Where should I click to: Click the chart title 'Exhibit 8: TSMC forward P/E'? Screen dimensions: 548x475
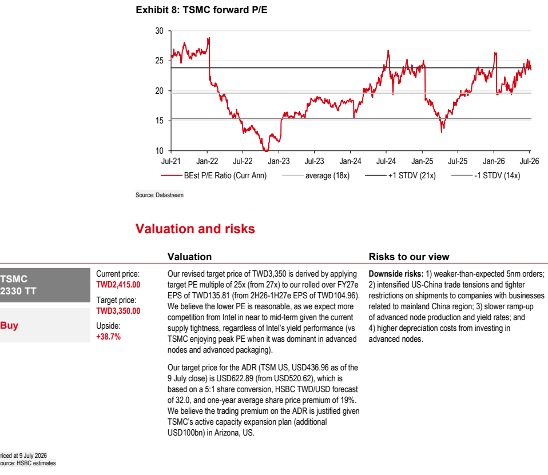tap(202, 10)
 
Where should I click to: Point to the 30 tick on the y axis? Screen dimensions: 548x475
tap(160, 31)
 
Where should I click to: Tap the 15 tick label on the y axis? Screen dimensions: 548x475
tap(160, 121)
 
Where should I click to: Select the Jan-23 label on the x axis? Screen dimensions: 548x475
tap(279, 161)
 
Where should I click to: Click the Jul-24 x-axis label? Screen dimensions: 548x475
tap(386, 161)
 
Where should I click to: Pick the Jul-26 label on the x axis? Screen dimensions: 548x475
tap(529, 161)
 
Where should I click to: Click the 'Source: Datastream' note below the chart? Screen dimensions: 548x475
tap(160, 195)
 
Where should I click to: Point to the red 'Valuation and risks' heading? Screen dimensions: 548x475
tap(195, 229)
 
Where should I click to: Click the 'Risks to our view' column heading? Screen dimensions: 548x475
tap(409, 257)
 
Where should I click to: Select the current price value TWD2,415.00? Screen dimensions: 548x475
tap(118, 285)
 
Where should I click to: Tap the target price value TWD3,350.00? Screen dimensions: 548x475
tap(118, 311)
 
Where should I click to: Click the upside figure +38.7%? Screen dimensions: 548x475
tap(108, 337)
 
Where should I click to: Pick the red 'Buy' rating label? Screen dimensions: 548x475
tap(9, 325)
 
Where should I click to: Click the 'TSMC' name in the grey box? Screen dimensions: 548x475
tap(14, 279)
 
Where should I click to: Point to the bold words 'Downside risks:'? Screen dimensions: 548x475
tap(396, 274)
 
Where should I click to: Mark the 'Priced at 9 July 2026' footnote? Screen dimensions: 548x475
tap(23, 456)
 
